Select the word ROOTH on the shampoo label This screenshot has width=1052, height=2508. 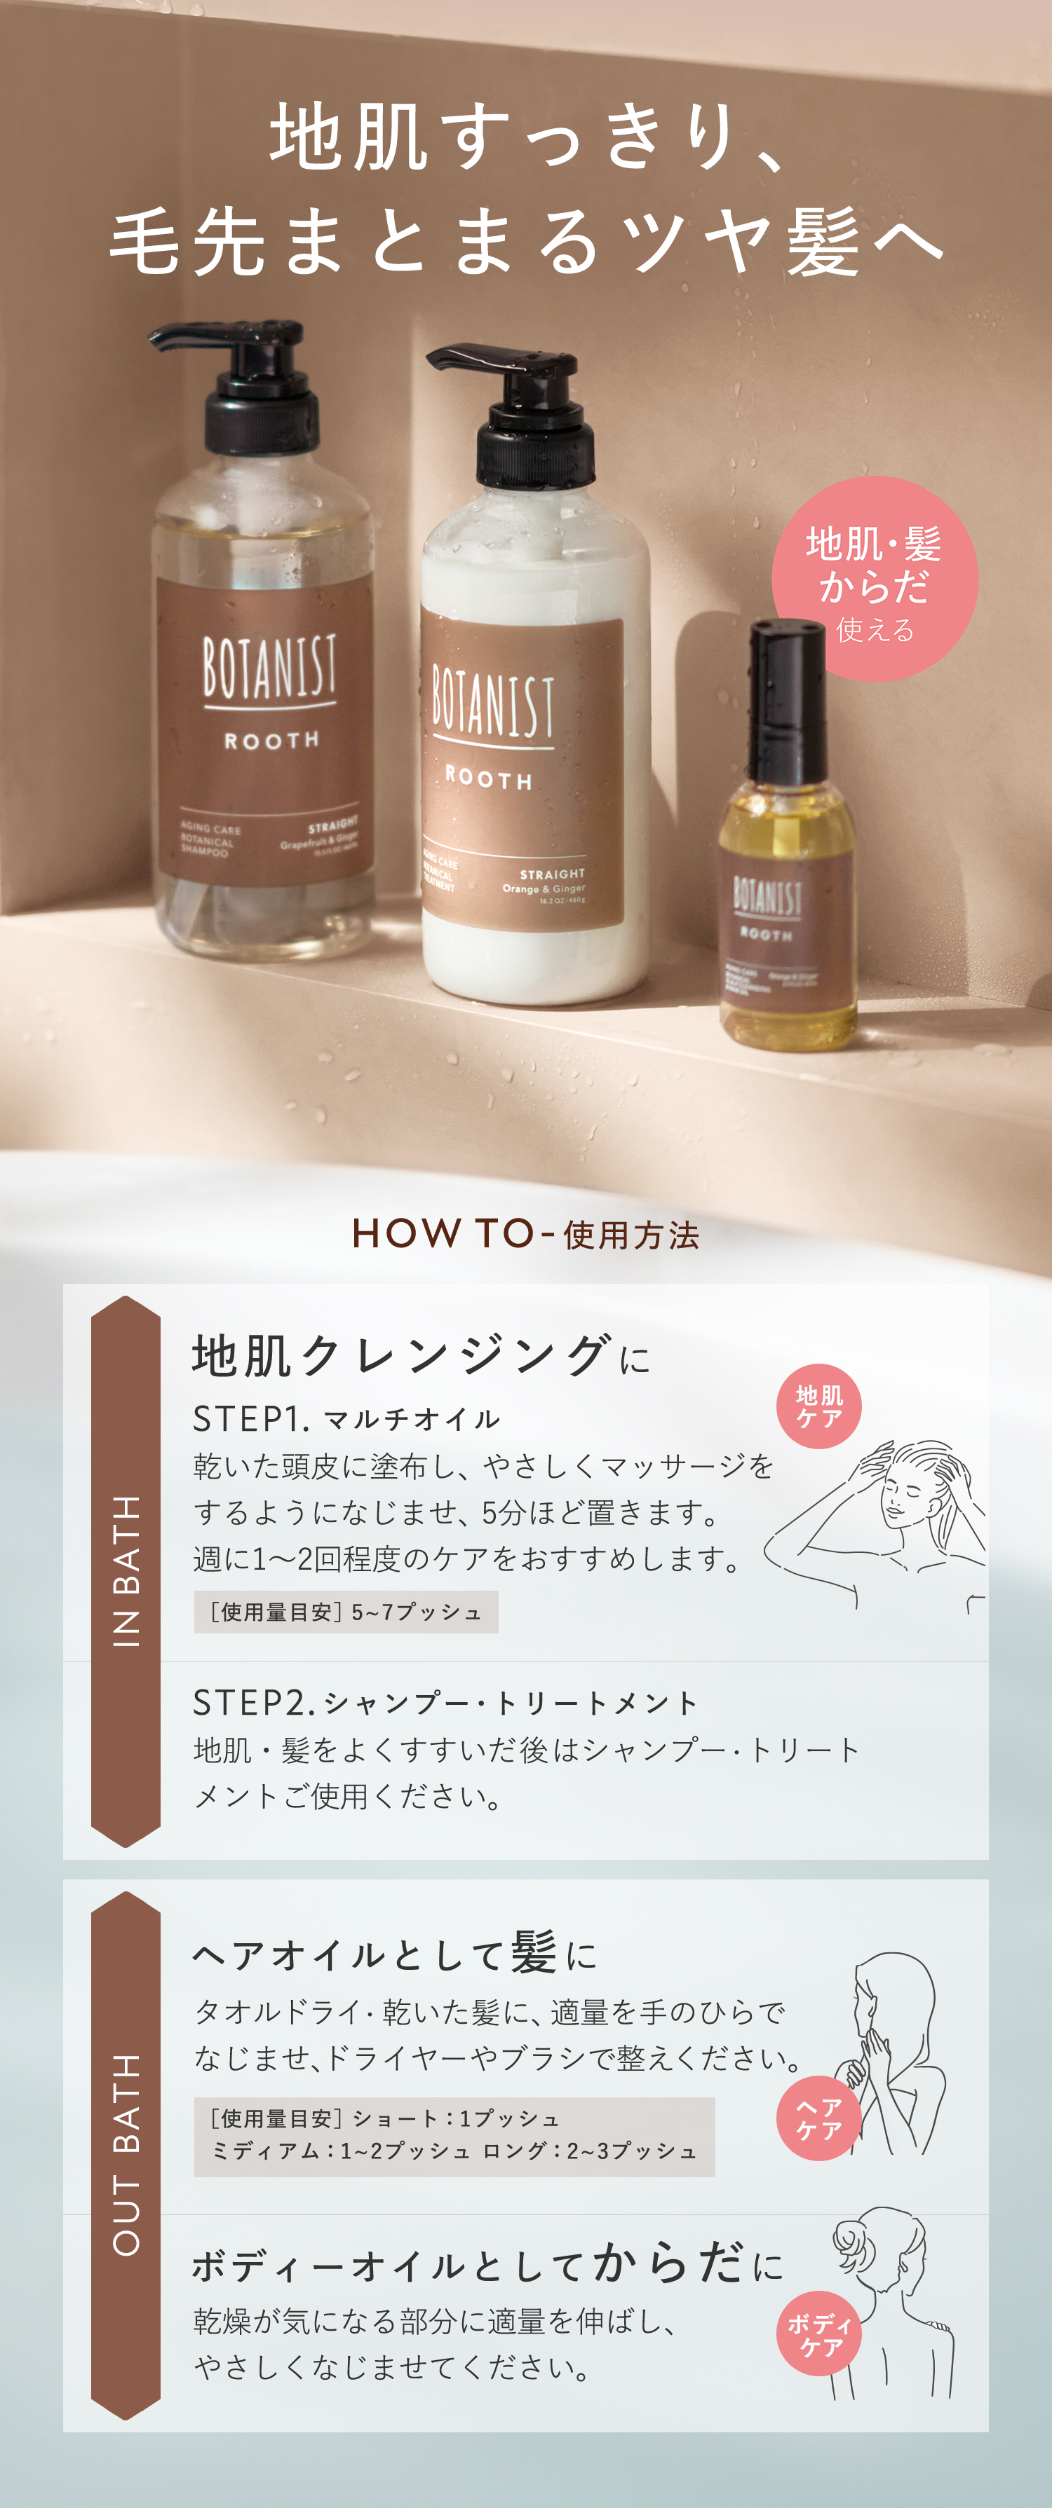point(271,741)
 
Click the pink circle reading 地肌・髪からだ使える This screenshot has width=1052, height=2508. point(874,580)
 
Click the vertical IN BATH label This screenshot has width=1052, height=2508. point(126,1570)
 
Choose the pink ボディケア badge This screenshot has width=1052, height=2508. point(819,2333)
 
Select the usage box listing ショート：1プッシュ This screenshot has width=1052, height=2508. point(454,2136)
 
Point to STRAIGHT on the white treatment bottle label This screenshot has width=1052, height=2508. point(553,875)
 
